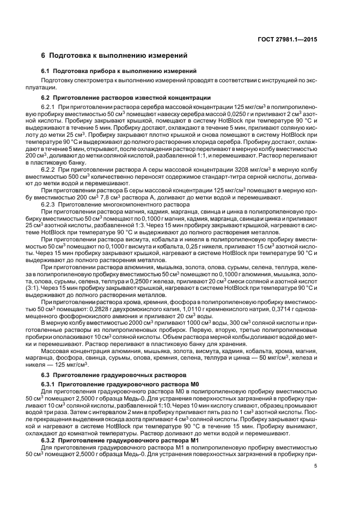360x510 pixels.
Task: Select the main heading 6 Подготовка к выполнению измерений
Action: click(114, 56)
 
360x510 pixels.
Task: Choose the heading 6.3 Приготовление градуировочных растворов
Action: click(109, 376)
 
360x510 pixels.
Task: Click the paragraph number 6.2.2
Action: click(49, 171)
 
